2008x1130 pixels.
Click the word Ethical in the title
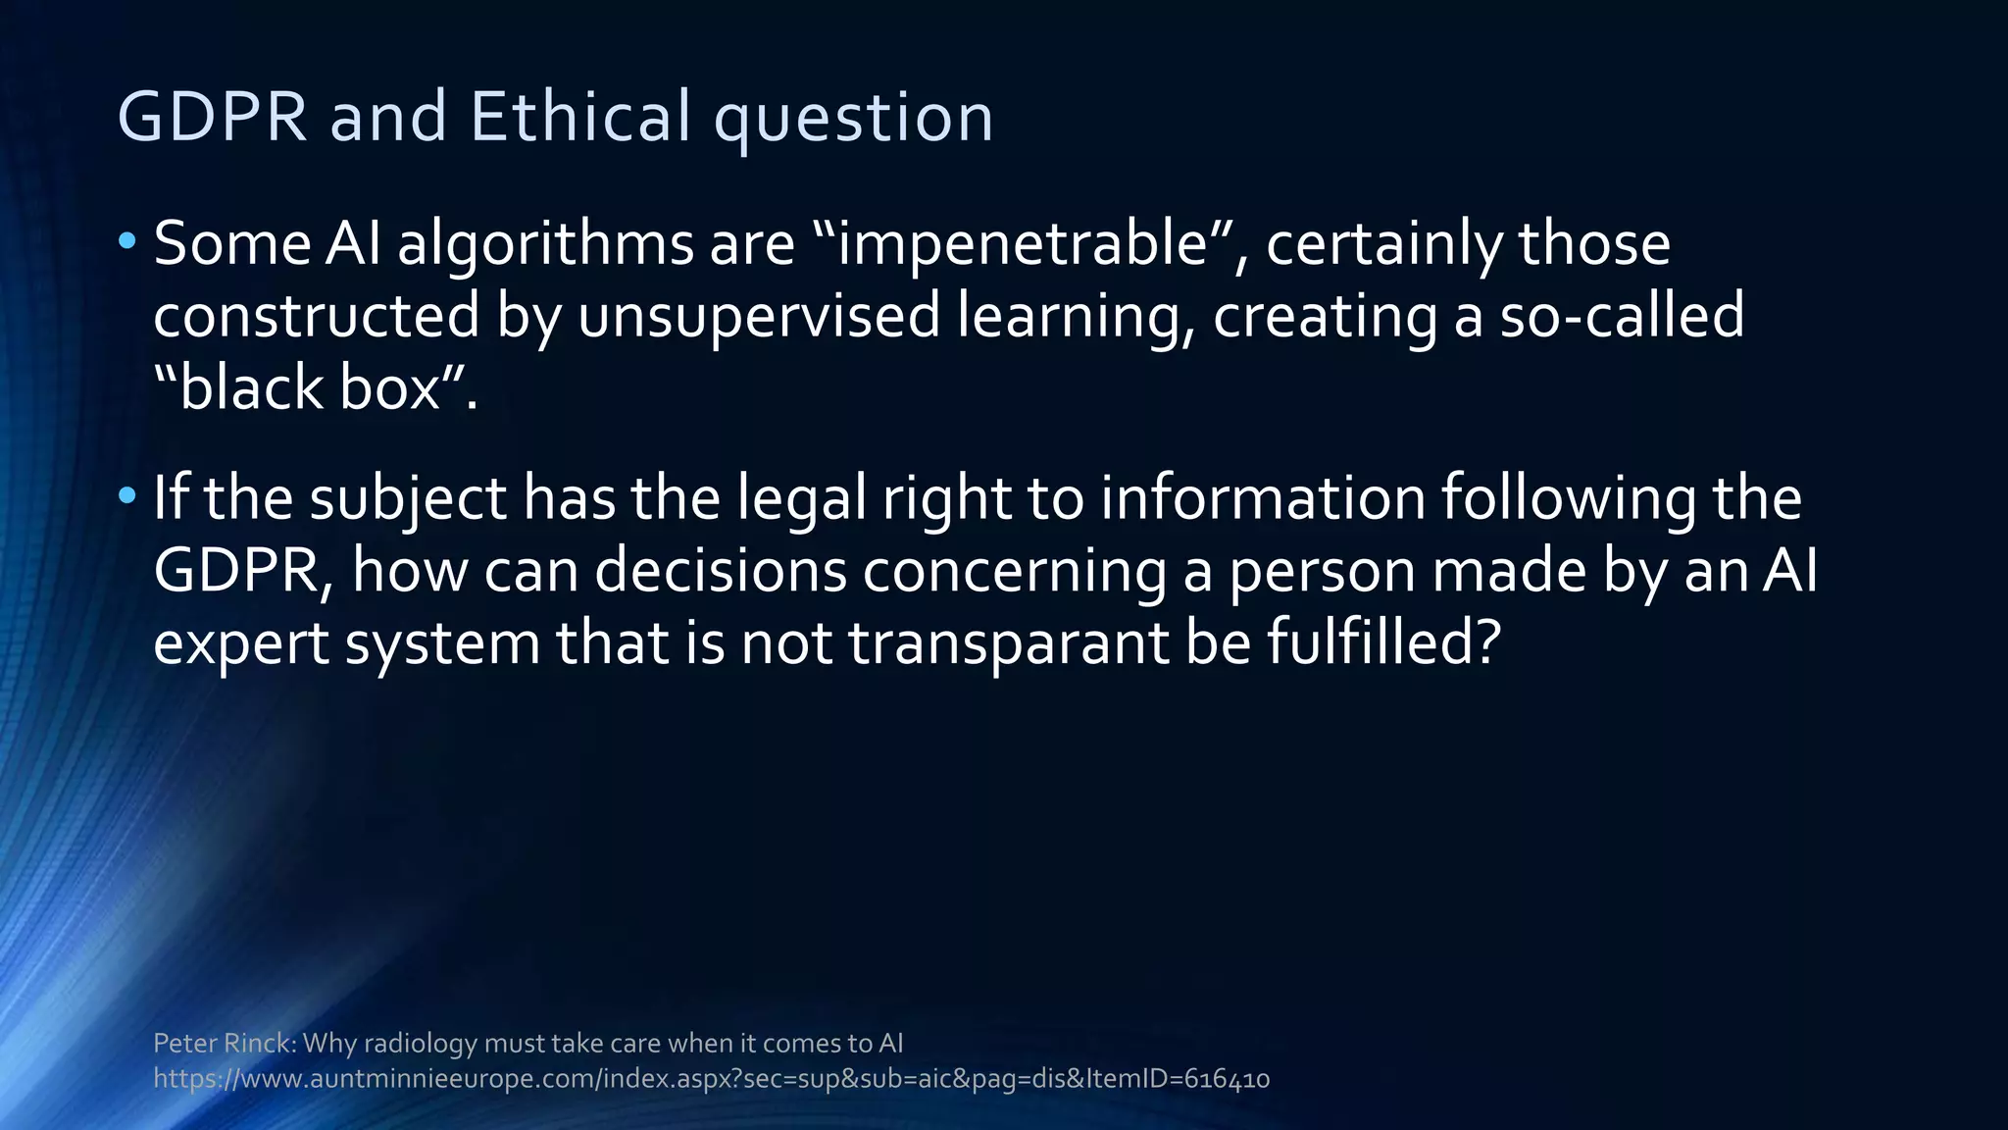tap(579, 117)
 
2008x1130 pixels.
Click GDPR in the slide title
tap(213, 117)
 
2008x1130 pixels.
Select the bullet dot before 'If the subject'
tap(126, 495)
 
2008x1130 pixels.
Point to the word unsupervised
tap(759, 316)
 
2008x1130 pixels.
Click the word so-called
tap(1622, 316)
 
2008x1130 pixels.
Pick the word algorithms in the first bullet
tap(546, 245)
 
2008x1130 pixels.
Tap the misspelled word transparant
tap(1008, 644)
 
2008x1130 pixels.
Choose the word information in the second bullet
tap(1262, 498)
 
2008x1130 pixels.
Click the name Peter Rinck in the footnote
tap(223, 1043)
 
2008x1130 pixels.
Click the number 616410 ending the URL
tap(1227, 1079)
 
